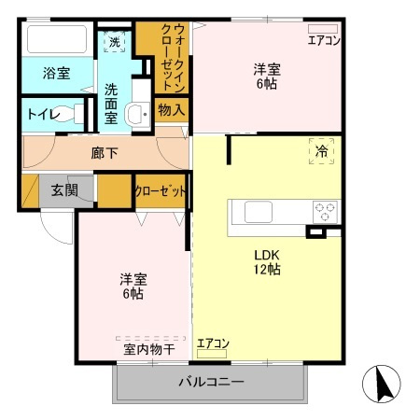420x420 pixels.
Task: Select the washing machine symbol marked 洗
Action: [114, 41]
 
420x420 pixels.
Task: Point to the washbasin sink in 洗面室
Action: [136, 116]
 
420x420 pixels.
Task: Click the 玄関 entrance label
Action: [64, 190]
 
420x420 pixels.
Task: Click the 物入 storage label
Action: [171, 110]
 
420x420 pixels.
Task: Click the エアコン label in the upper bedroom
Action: [325, 39]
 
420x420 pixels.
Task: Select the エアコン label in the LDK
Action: [213, 343]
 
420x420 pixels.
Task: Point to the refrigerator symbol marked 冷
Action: [320, 150]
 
